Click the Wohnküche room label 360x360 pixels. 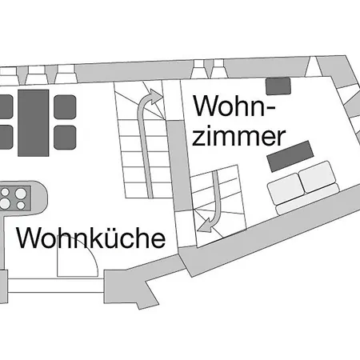point(91,238)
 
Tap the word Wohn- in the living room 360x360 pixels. point(234,106)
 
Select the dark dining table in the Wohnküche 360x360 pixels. point(34,123)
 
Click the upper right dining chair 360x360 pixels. point(65,107)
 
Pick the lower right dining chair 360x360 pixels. point(65,138)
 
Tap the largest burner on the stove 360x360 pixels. point(21,194)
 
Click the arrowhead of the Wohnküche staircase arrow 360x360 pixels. point(154,97)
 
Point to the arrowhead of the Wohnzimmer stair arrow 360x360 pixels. point(205,226)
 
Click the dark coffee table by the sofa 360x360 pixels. point(290,156)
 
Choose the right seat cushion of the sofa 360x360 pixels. point(317,177)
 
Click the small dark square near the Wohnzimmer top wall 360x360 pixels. point(278,86)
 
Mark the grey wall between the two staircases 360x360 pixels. point(179,166)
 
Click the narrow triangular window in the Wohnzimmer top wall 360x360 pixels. point(311,68)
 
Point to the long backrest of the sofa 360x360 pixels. point(308,199)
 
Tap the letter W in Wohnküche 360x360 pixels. point(29,238)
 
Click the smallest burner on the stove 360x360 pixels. point(21,206)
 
